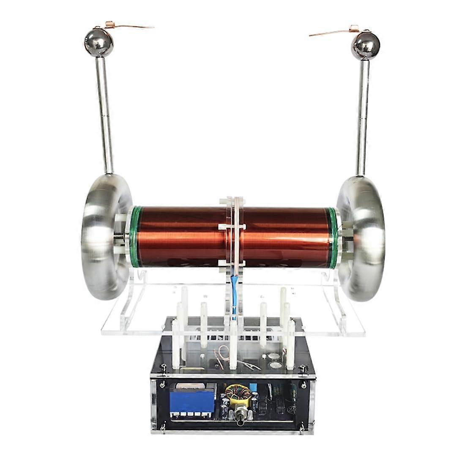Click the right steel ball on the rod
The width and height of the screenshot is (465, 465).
coord(366,44)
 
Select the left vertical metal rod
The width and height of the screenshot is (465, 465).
coord(104,114)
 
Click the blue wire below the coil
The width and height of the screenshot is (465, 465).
coord(233,296)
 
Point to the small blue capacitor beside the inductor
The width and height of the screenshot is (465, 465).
coord(254,388)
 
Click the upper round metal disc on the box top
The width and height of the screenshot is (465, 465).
coord(274,356)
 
